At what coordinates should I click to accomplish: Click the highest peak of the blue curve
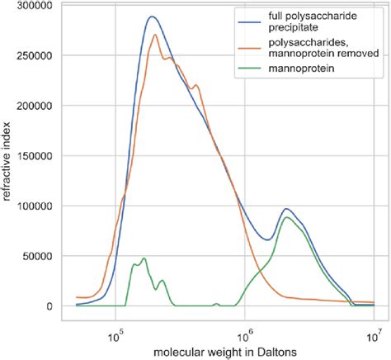tap(152, 17)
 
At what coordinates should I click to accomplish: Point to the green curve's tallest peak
tap(286, 218)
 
